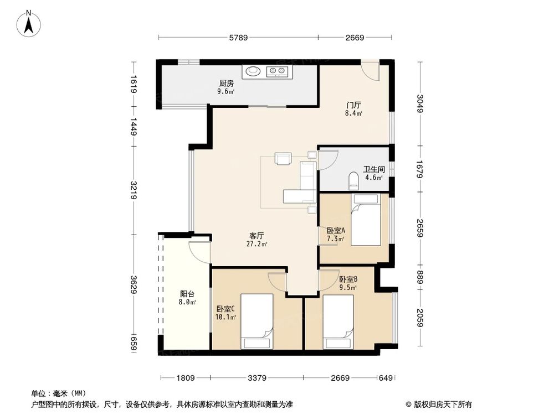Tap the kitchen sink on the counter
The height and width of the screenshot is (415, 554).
(x=253, y=71)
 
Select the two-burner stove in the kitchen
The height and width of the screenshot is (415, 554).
(x=277, y=71)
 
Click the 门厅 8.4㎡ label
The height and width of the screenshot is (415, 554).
(x=353, y=108)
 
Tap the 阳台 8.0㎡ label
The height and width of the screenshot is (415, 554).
(x=187, y=298)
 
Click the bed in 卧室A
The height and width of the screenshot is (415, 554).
(x=366, y=224)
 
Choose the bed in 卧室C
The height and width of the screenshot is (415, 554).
(x=257, y=320)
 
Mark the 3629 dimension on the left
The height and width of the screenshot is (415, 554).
(x=133, y=286)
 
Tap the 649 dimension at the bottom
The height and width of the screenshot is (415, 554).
(x=386, y=378)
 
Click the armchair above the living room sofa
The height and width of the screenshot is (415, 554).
(x=283, y=159)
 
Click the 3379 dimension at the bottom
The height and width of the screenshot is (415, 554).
(x=257, y=378)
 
